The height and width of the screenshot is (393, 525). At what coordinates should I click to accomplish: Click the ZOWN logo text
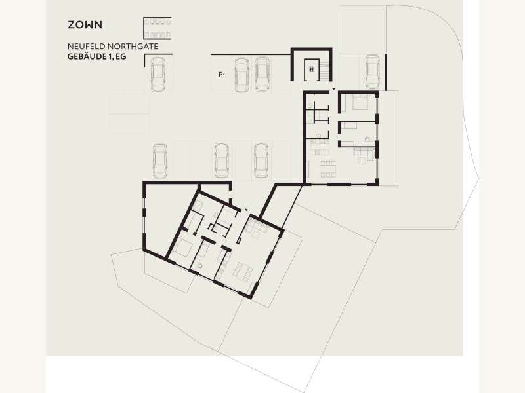(85, 25)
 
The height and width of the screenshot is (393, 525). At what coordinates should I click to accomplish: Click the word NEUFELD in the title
(87, 47)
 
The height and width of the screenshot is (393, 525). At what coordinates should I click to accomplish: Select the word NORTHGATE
(133, 47)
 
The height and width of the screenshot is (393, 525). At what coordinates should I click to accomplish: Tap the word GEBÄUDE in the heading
(87, 56)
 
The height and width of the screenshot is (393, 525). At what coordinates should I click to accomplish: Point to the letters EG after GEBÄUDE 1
(121, 57)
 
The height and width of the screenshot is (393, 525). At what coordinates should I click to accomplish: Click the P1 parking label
(222, 75)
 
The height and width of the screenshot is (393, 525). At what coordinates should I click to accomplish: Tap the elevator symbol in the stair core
(312, 69)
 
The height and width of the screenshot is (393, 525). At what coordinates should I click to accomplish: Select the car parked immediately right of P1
(241, 75)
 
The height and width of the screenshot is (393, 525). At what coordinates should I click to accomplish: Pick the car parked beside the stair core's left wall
(262, 74)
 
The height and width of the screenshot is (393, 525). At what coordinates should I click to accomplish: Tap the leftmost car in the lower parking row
(160, 161)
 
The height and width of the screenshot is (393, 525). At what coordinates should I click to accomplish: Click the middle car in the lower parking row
(221, 160)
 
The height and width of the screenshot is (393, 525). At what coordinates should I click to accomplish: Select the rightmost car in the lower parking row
(261, 160)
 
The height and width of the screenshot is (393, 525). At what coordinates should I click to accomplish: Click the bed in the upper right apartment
(360, 102)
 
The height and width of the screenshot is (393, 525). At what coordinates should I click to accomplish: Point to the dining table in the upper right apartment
(327, 170)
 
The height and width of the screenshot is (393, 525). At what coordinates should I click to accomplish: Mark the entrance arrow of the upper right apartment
(334, 89)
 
